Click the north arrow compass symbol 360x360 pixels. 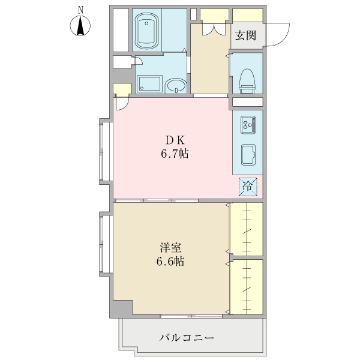[x=80, y=27]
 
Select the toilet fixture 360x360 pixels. [x=247, y=80]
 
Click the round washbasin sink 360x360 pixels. [x=175, y=86]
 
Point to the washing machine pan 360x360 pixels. [x=149, y=85]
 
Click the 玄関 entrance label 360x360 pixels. [x=245, y=35]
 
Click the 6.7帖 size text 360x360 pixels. [x=174, y=154]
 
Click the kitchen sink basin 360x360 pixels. [x=248, y=154]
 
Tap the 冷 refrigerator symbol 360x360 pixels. [x=247, y=187]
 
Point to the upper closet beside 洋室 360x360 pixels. [x=247, y=229]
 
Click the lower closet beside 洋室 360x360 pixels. [x=247, y=286]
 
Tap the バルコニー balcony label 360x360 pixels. [x=186, y=338]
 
